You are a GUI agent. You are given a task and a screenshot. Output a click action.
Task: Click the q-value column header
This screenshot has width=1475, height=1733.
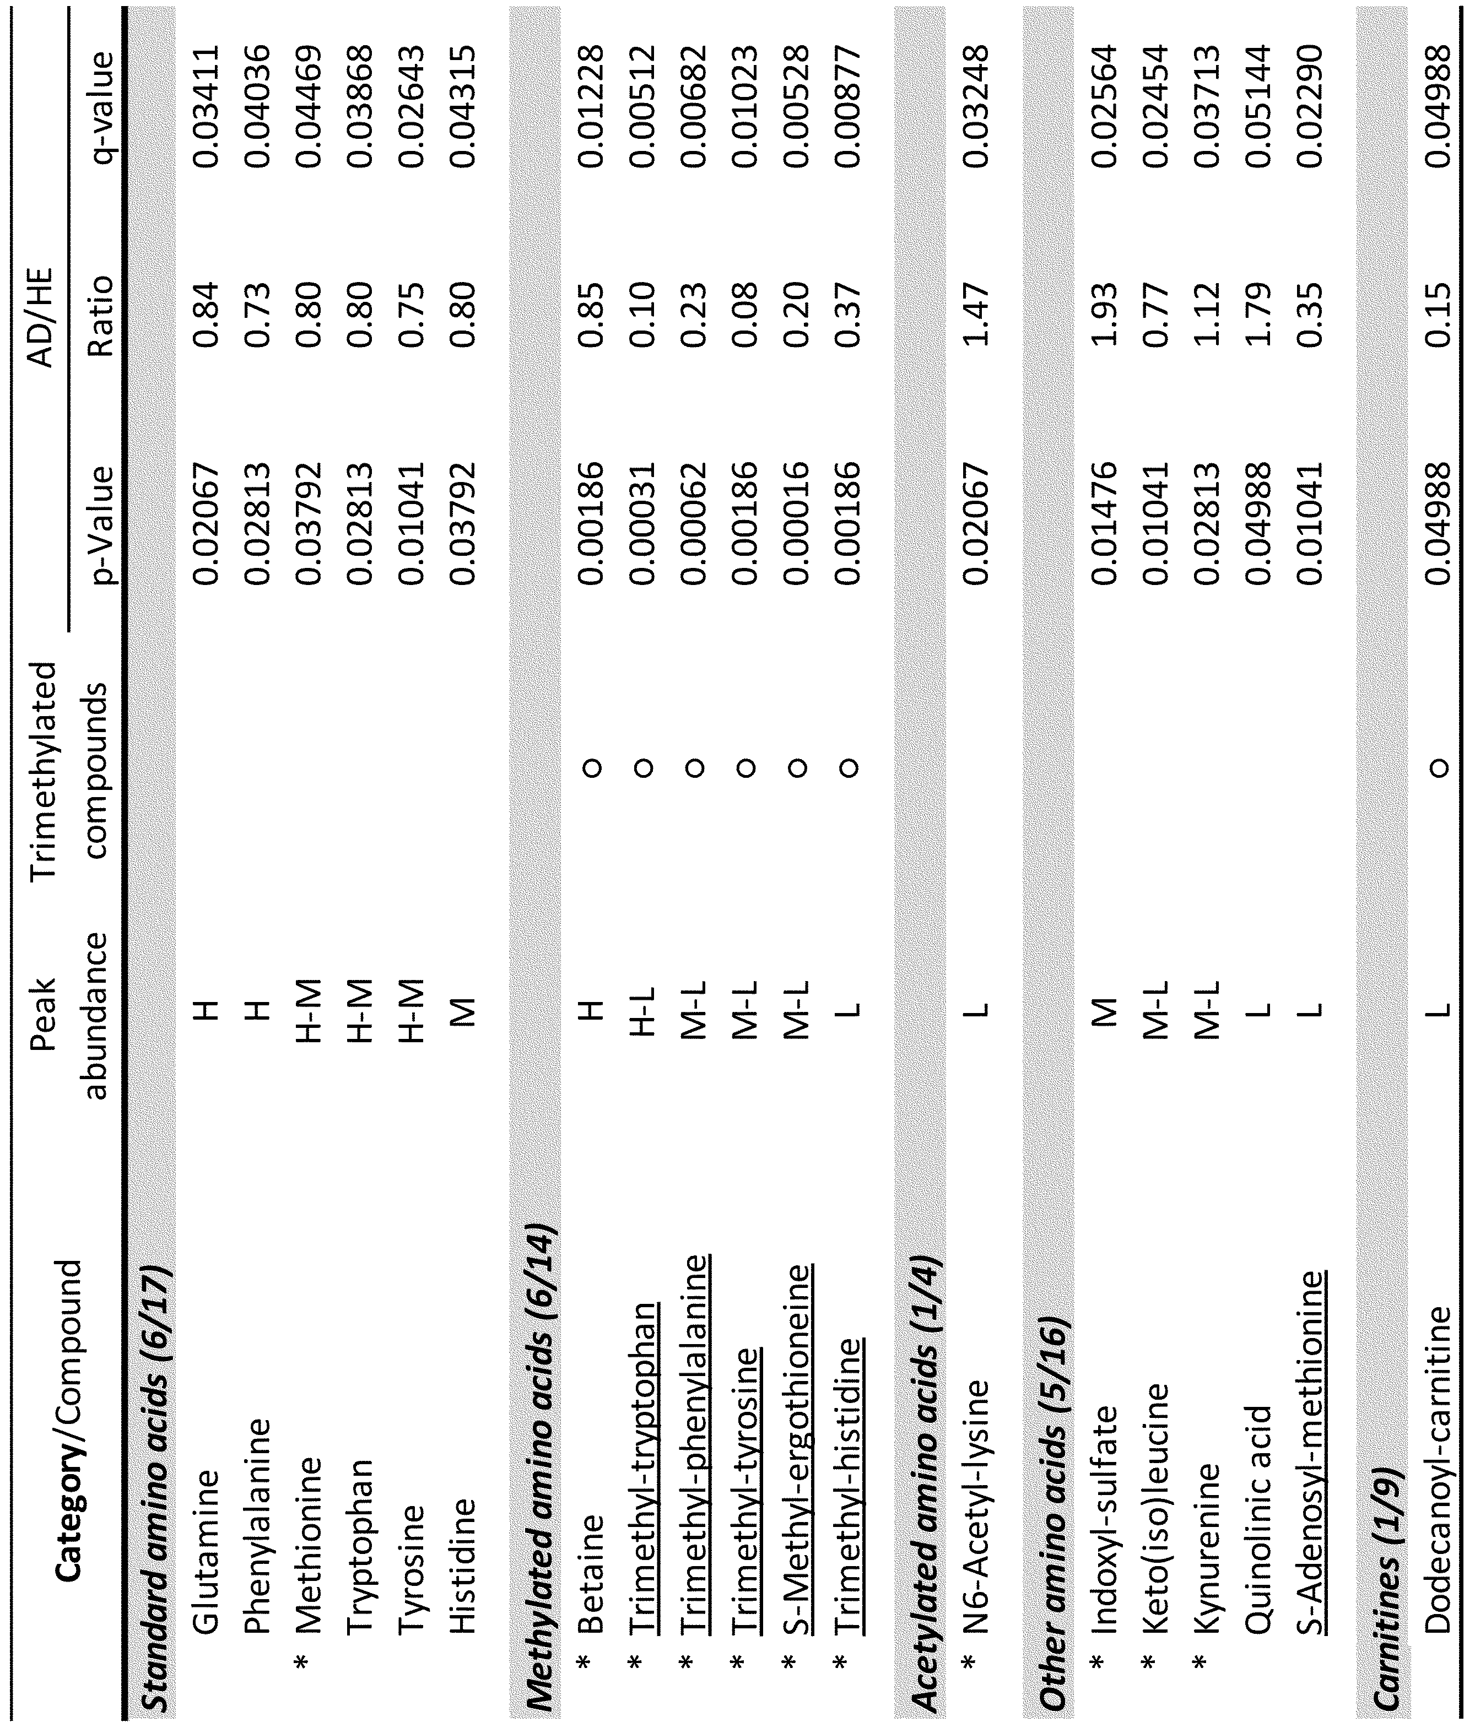99,106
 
